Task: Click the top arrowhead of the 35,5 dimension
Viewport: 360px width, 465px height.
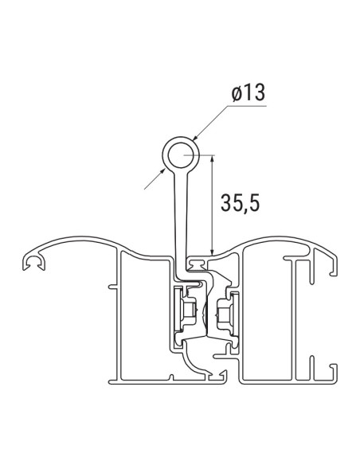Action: click(x=212, y=157)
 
